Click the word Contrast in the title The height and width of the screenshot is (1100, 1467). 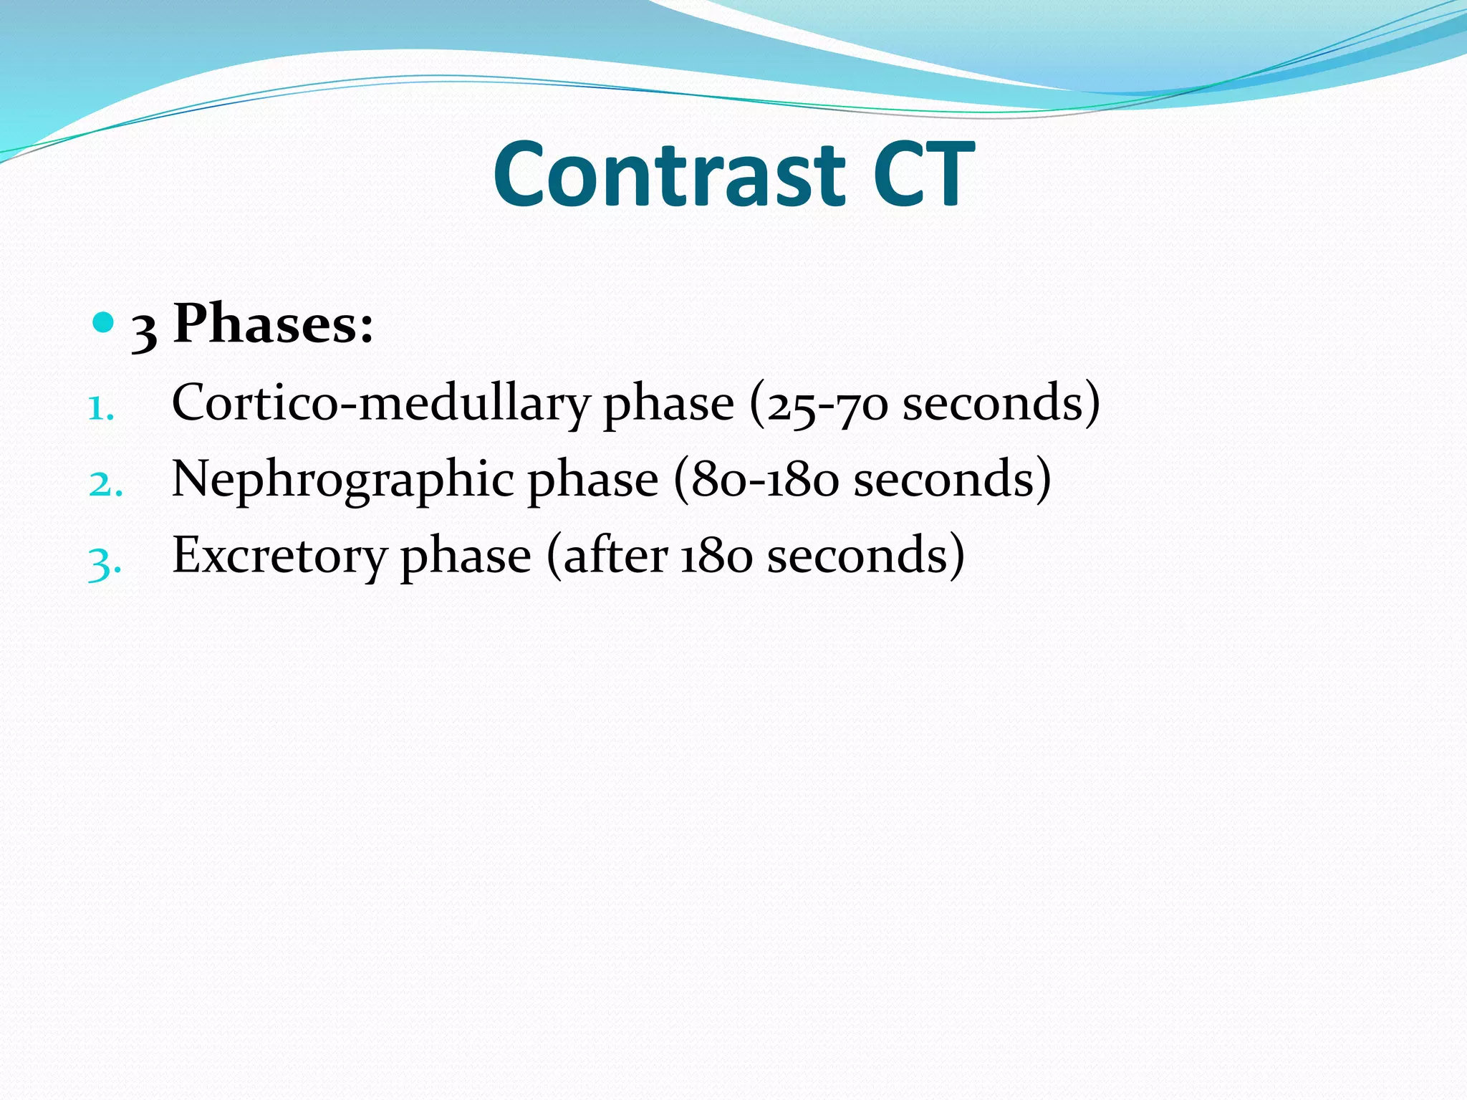tap(669, 175)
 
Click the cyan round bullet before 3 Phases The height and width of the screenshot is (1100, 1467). tap(104, 323)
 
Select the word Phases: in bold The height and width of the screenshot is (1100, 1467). tap(273, 324)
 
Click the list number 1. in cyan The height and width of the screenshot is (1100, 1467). tap(101, 409)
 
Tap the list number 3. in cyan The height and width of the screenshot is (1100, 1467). tap(105, 562)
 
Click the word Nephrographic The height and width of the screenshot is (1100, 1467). tap(342, 481)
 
